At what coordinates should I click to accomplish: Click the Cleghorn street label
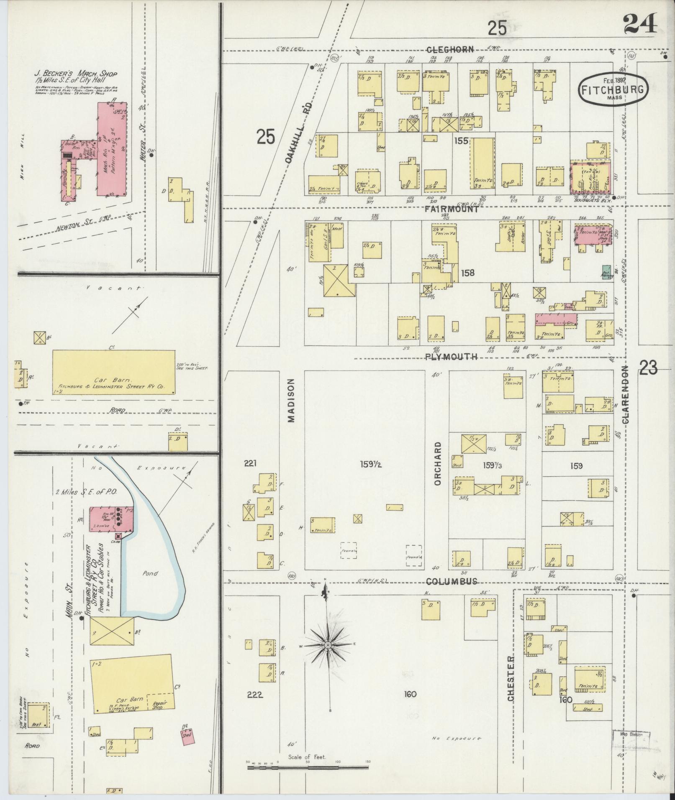pos(450,50)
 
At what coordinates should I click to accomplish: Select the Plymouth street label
pos(451,357)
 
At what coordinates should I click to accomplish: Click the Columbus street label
pos(452,582)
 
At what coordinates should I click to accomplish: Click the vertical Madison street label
pos(291,400)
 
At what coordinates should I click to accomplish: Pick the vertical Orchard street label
pos(438,463)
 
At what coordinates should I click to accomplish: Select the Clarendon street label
pos(626,394)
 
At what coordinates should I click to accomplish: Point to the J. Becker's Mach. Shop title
pos(76,74)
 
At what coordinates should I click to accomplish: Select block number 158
pos(467,273)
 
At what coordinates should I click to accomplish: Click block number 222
pos(255,695)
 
